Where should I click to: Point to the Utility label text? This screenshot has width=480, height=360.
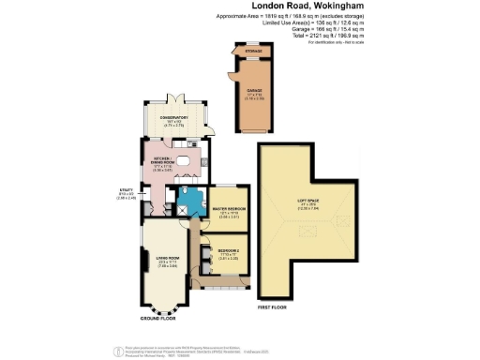[127, 194]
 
